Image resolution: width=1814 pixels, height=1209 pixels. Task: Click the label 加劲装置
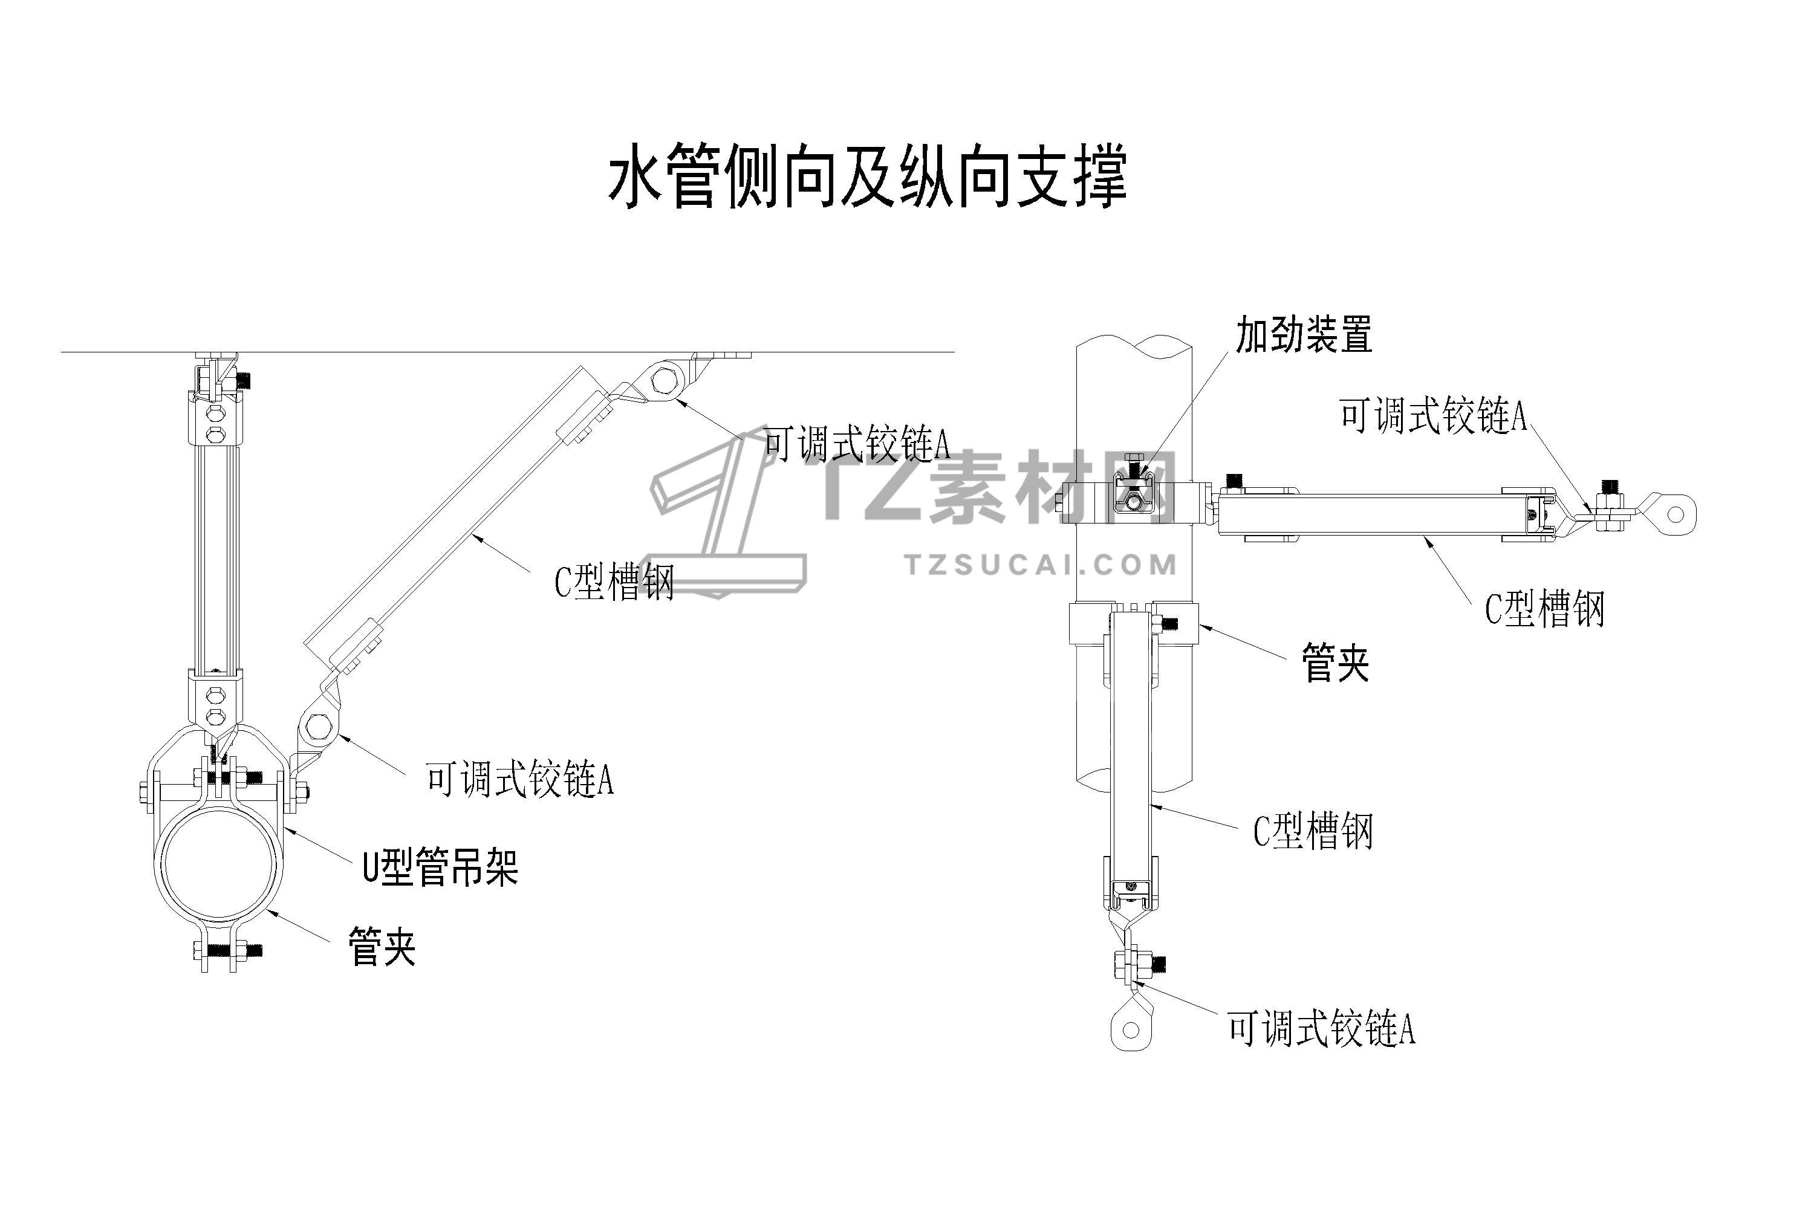tap(1304, 335)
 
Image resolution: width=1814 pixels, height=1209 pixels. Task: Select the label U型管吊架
tap(440, 868)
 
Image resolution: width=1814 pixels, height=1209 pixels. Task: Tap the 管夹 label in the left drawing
tap(382, 947)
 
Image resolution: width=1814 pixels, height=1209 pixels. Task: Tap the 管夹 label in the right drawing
tap(1335, 663)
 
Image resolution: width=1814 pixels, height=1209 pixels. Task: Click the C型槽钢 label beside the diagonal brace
tap(614, 582)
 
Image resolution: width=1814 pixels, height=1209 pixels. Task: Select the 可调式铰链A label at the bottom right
tap(1321, 1029)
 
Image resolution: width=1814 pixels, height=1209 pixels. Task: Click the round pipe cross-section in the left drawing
tap(218, 864)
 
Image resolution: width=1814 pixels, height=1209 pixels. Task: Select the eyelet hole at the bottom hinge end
tap(1131, 1029)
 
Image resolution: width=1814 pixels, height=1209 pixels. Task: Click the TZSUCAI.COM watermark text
tap(1041, 565)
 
